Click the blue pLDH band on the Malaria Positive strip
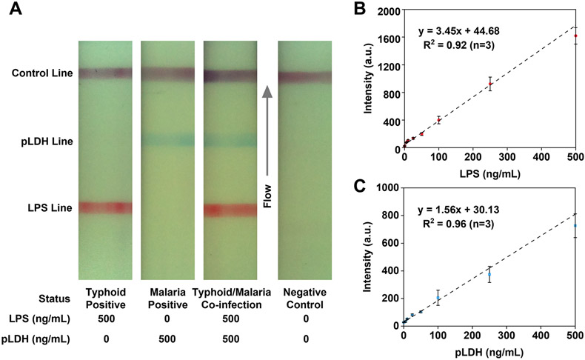(x=167, y=139)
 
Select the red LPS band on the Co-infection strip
(x=230, y=210)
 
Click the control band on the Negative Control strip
(x=304, y=76)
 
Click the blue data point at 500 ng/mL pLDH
(x=575, y=226)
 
